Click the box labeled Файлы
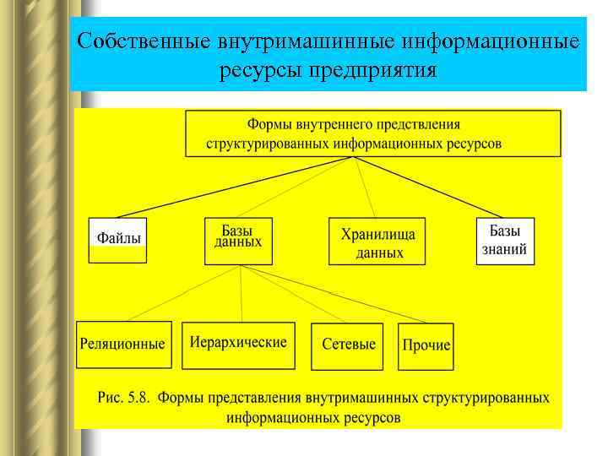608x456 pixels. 118,240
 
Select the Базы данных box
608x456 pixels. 238,241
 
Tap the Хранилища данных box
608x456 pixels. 377,242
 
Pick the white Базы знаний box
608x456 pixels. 505,241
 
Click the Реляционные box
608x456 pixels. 123,345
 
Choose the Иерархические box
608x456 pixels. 238,345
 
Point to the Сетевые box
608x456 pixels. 347,345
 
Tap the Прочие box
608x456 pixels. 426,346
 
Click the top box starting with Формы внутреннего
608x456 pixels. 372,133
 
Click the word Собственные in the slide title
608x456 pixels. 143,41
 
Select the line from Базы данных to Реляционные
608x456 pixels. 181,294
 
